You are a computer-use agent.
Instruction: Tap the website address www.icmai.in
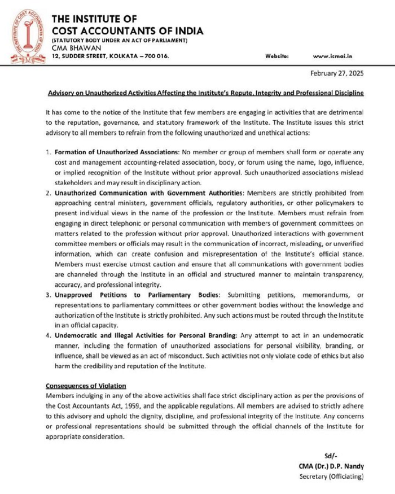(x=332, y=56)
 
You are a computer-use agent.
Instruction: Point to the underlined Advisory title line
(x=205, y=92)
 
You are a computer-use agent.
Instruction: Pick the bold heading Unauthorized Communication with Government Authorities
(x=150, y=193)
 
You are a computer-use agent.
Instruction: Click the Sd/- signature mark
(x=331, y=456)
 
